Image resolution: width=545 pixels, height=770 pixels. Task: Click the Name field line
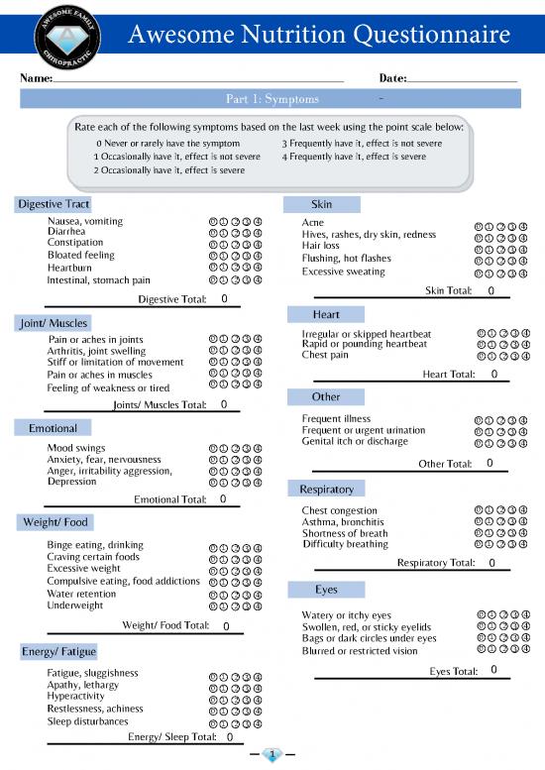[198, 79]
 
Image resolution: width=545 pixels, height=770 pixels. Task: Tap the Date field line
[462, 79]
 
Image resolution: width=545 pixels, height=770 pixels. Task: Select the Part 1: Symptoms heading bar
[271, 99]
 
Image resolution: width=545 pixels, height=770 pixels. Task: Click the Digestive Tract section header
[54, 204]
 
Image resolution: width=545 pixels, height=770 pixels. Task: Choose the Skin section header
[321, 204]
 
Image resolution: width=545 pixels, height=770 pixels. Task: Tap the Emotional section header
[53, 428]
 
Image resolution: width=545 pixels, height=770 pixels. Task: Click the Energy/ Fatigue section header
[58, 651]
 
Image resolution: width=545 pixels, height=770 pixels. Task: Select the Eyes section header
[326, 590]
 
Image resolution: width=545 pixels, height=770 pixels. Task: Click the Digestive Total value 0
[225, 298]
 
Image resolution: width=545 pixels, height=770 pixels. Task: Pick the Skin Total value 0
[490, 291]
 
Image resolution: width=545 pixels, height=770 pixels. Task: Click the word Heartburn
[69, 268]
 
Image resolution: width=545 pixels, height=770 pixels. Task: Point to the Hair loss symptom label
[321, 246]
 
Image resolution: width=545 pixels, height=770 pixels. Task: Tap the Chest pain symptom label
[325, 355]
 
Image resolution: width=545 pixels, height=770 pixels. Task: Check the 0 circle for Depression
[212, 483]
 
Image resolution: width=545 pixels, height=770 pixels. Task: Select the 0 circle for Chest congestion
[481, 510]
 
